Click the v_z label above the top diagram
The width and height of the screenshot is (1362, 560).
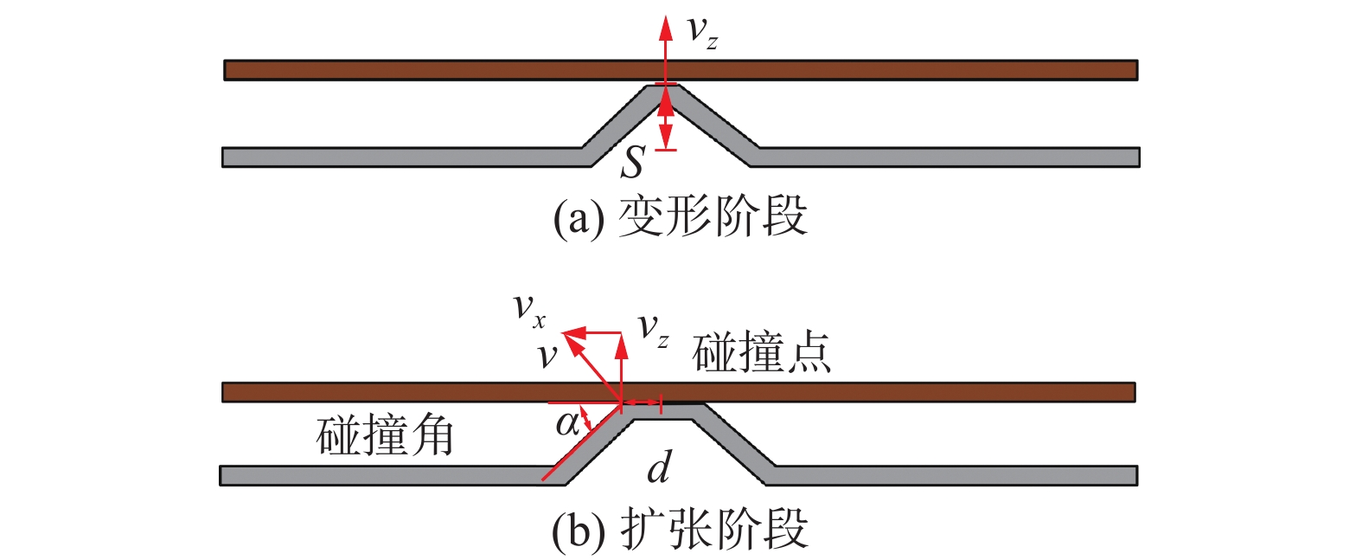click(700, 32)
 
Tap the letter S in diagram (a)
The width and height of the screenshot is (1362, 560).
click(633, 161)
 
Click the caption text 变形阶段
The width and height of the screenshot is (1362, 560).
click(713, 216)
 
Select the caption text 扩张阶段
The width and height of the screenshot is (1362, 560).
click(714, 529)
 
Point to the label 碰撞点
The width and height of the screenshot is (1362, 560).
click(762, 352)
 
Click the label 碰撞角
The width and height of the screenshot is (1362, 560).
click(385, 435)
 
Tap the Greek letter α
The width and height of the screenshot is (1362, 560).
click(567, 424)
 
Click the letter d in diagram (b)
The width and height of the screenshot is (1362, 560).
click(659, 467)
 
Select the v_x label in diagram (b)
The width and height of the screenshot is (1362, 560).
click(528, 309)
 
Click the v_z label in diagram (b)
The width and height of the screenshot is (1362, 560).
click(653, 330)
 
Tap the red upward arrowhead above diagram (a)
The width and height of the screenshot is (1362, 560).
click(665, 28)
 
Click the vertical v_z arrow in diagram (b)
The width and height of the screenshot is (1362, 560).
click(621, 368)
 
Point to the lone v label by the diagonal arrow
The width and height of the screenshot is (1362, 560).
click(547, 355)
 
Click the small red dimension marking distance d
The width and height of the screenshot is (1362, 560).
click(642, 403)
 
